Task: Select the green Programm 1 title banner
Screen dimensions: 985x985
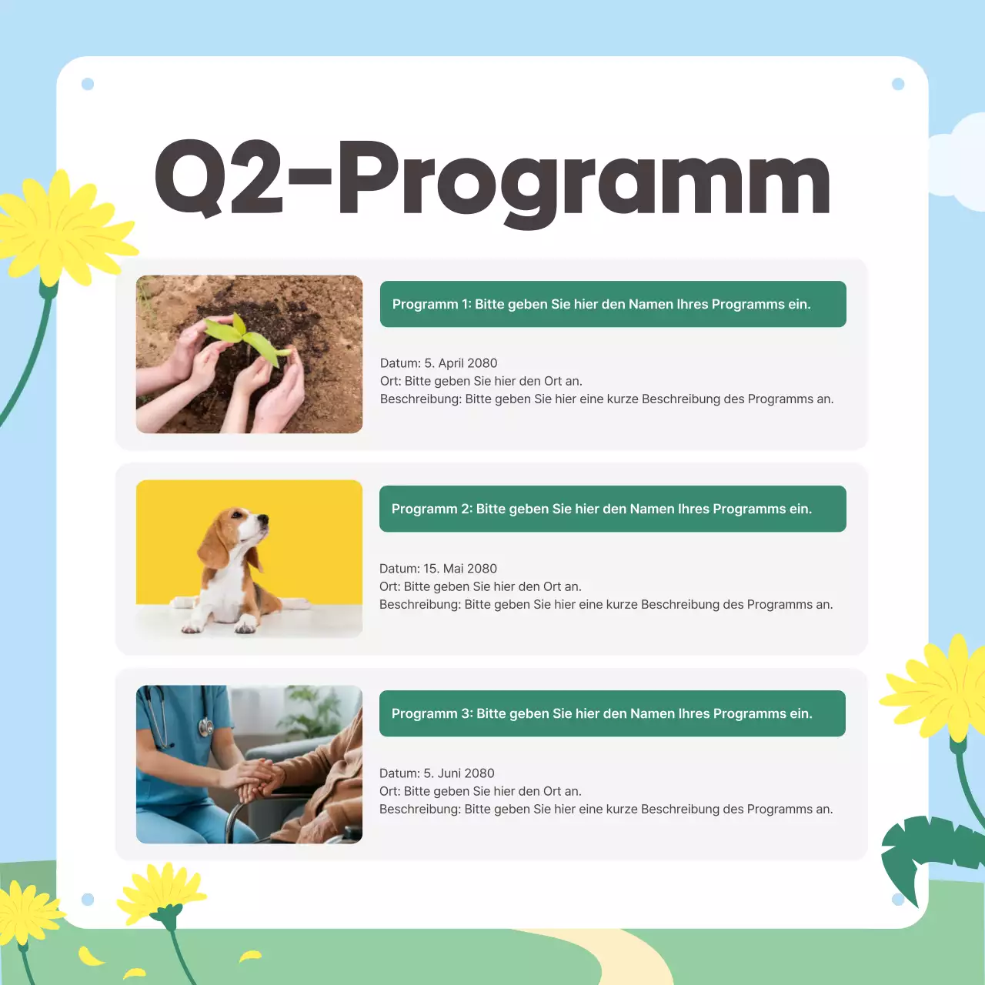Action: coord(613,304)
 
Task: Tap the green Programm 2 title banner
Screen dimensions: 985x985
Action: coord(613,509)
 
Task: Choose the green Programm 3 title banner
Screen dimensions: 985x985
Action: coord(613,713)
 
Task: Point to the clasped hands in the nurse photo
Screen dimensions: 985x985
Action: coord(258,777)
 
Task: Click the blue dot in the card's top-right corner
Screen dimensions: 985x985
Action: coord(898,84)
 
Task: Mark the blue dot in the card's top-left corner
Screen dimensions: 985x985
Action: coord(88,84)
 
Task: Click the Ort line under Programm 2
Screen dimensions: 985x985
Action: coord(480,586)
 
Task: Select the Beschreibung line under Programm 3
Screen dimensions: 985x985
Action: coord(606,810)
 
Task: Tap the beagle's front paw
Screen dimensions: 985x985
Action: coord(193,625)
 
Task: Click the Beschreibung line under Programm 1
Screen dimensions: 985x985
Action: coord(606,399)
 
